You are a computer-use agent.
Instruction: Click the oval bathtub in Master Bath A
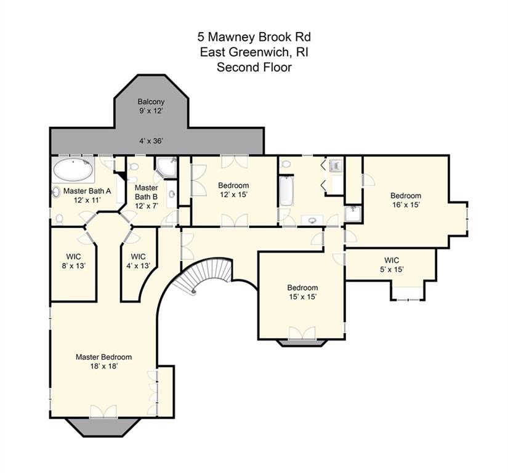point(73,169)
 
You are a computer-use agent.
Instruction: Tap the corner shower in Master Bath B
point(166,167)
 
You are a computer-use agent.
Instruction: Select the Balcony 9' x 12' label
point(151,106)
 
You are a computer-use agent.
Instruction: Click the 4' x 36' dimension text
point(151,141)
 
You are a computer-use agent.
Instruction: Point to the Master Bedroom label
point(103,357)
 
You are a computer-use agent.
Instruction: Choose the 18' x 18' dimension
point(103,366)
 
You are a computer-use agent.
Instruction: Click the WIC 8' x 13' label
point(73,262)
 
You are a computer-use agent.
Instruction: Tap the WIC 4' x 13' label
point(139,262)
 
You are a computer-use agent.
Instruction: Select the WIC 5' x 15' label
point(392,265)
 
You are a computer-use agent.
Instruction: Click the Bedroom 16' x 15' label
point(406,200)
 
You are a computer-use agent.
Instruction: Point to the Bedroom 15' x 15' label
point(302,292)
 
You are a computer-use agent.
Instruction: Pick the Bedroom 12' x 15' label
point(233,190)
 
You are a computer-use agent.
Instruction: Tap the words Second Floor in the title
point(254,67)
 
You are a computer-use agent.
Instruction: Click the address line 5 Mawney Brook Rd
point(254,37)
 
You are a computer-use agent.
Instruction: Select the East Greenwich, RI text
point(254,52)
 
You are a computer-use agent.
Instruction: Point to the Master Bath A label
point(87,195)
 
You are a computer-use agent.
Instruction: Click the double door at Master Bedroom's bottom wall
point(103,411)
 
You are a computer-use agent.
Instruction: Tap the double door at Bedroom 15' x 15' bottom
point(302,333)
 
